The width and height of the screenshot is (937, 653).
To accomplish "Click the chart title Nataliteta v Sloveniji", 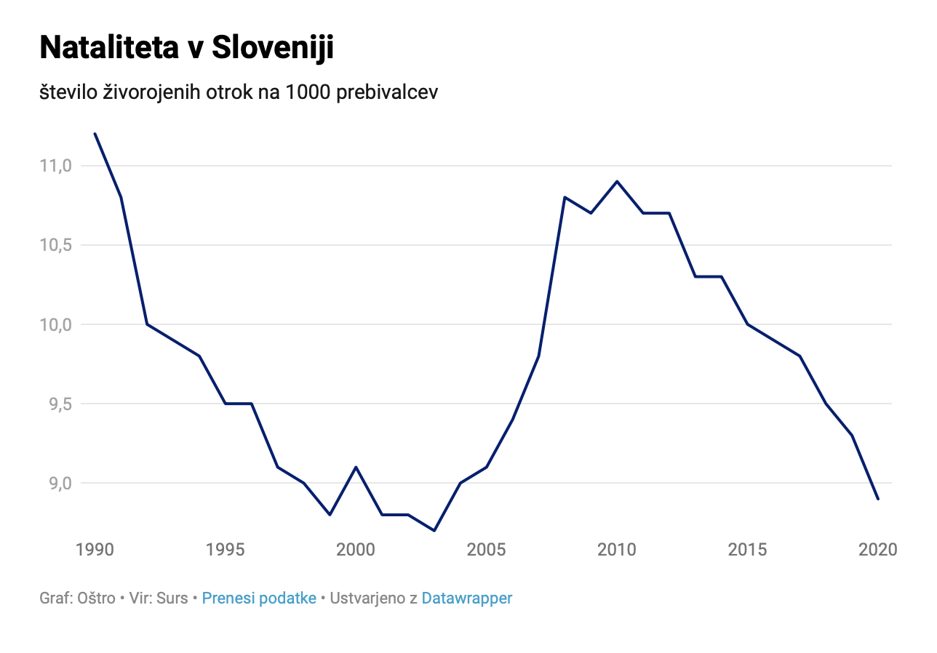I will tap(186, 48).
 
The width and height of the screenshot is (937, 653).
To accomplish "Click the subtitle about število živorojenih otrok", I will tap(239, 92).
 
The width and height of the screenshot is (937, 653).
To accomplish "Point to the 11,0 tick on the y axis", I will tap(57, 166).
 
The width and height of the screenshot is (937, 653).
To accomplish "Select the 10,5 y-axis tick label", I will tap(57, 245).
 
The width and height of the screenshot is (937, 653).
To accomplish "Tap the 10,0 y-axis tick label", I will tap(57, 324).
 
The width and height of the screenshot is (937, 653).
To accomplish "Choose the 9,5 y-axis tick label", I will tap(60, 404).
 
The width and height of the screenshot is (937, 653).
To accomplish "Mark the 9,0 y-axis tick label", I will tap(60, 483).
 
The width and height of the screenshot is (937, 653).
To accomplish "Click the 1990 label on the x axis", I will tap(95, 550).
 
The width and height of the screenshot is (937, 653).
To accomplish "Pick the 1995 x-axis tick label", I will tap(226, 550).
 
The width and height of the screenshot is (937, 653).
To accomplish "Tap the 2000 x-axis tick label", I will tap(356, 550).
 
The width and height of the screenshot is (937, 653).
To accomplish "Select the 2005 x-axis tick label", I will tap(486, 550).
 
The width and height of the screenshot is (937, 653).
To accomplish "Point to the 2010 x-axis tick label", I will tap(617, 550).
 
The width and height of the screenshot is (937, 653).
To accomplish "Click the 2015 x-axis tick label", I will tap(747, 550).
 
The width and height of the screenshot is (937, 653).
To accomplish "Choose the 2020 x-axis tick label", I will tap(877, 550).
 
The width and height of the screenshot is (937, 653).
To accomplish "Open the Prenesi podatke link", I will tap(259, 598).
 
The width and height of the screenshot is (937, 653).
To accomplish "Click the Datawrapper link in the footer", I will tap(467, 598).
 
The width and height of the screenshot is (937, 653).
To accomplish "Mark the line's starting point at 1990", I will tap(95, 134).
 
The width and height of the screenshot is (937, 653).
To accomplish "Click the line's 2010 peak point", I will tap(617, 181).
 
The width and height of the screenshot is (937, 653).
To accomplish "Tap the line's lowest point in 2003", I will tap(434, 530).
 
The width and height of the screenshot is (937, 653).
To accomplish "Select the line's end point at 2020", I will tap(878, 499).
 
